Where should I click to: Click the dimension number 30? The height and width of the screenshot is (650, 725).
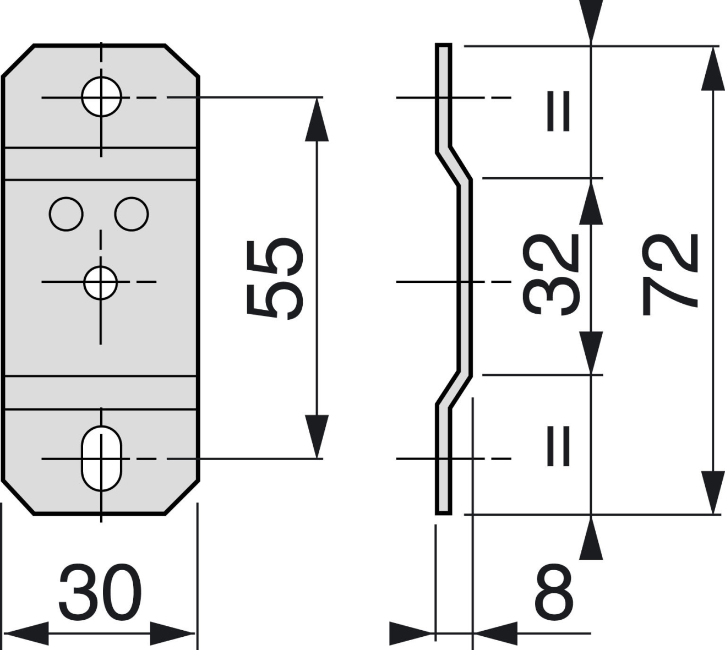[100, 592]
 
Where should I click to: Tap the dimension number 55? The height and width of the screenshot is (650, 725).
[275, 280]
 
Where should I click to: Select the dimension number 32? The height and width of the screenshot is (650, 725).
[550, 275]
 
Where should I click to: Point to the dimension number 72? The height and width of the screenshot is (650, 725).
[670, 275]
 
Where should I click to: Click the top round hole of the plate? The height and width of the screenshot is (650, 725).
[102, 96]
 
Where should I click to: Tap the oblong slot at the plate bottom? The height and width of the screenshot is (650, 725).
[102, 458]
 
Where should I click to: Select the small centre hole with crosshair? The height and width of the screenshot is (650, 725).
[101, 282]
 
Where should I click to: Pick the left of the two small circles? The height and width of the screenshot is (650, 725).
[66, 214]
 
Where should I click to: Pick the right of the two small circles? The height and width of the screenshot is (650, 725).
[132, 214]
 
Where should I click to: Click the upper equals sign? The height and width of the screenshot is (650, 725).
[558, 111]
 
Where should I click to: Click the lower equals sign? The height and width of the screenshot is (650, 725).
[558, 446]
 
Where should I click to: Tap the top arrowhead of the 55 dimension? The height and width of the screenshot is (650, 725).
[317, 119]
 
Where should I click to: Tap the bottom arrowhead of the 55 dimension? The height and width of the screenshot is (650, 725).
[317, 436]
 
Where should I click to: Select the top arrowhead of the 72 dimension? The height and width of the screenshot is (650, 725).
[713, 68]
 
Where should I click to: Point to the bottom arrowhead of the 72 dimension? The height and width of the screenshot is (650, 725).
[713, 493]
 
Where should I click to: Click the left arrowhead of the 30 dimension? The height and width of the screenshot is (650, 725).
[26, 633]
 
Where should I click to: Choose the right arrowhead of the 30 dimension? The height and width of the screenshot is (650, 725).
[172, 633]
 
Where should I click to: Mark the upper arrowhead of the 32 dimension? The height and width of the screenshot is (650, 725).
[591, 203]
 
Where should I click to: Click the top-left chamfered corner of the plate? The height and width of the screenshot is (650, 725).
[18, 61]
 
